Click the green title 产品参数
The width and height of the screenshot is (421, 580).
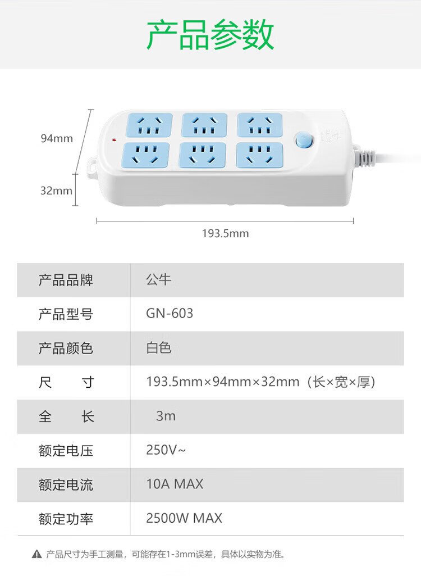210,35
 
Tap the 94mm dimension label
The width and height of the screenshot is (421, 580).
57,138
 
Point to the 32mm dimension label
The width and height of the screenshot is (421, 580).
56,191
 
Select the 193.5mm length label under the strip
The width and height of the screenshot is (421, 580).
225,233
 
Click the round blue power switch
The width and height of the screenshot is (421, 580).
304,140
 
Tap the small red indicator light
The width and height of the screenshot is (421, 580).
114,140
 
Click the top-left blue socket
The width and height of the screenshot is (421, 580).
149,125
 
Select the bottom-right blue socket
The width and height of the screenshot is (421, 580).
259,155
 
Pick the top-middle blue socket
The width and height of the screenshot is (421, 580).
204,125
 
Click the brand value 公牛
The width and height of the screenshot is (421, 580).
159,279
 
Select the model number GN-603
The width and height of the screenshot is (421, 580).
170,314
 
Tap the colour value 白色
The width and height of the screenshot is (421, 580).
159,348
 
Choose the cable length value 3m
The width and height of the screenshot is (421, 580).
166,416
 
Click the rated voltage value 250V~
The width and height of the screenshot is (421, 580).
166,450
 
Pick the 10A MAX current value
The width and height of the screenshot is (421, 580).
175,484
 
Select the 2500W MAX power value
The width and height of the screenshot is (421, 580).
184,518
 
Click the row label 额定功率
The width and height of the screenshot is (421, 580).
66,519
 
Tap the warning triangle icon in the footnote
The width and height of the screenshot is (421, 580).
36,554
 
